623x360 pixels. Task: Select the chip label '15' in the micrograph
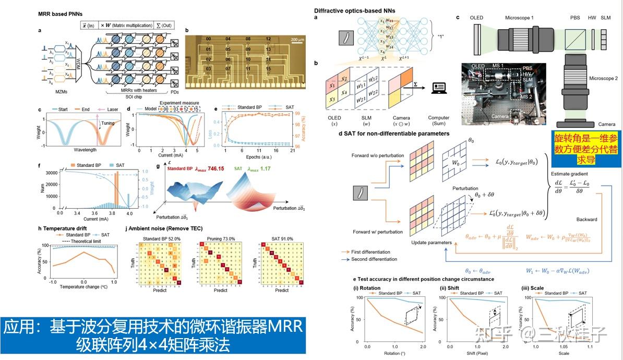tap(268, 68)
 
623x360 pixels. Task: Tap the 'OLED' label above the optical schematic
tap(476, 18)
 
